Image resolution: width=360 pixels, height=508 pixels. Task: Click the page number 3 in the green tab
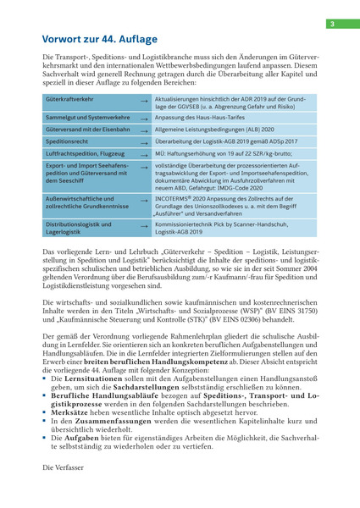tap(333, 24)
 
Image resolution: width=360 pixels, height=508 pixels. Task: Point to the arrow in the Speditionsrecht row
tap(144, 143)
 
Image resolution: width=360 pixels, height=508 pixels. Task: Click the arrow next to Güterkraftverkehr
tap(144, 102)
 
